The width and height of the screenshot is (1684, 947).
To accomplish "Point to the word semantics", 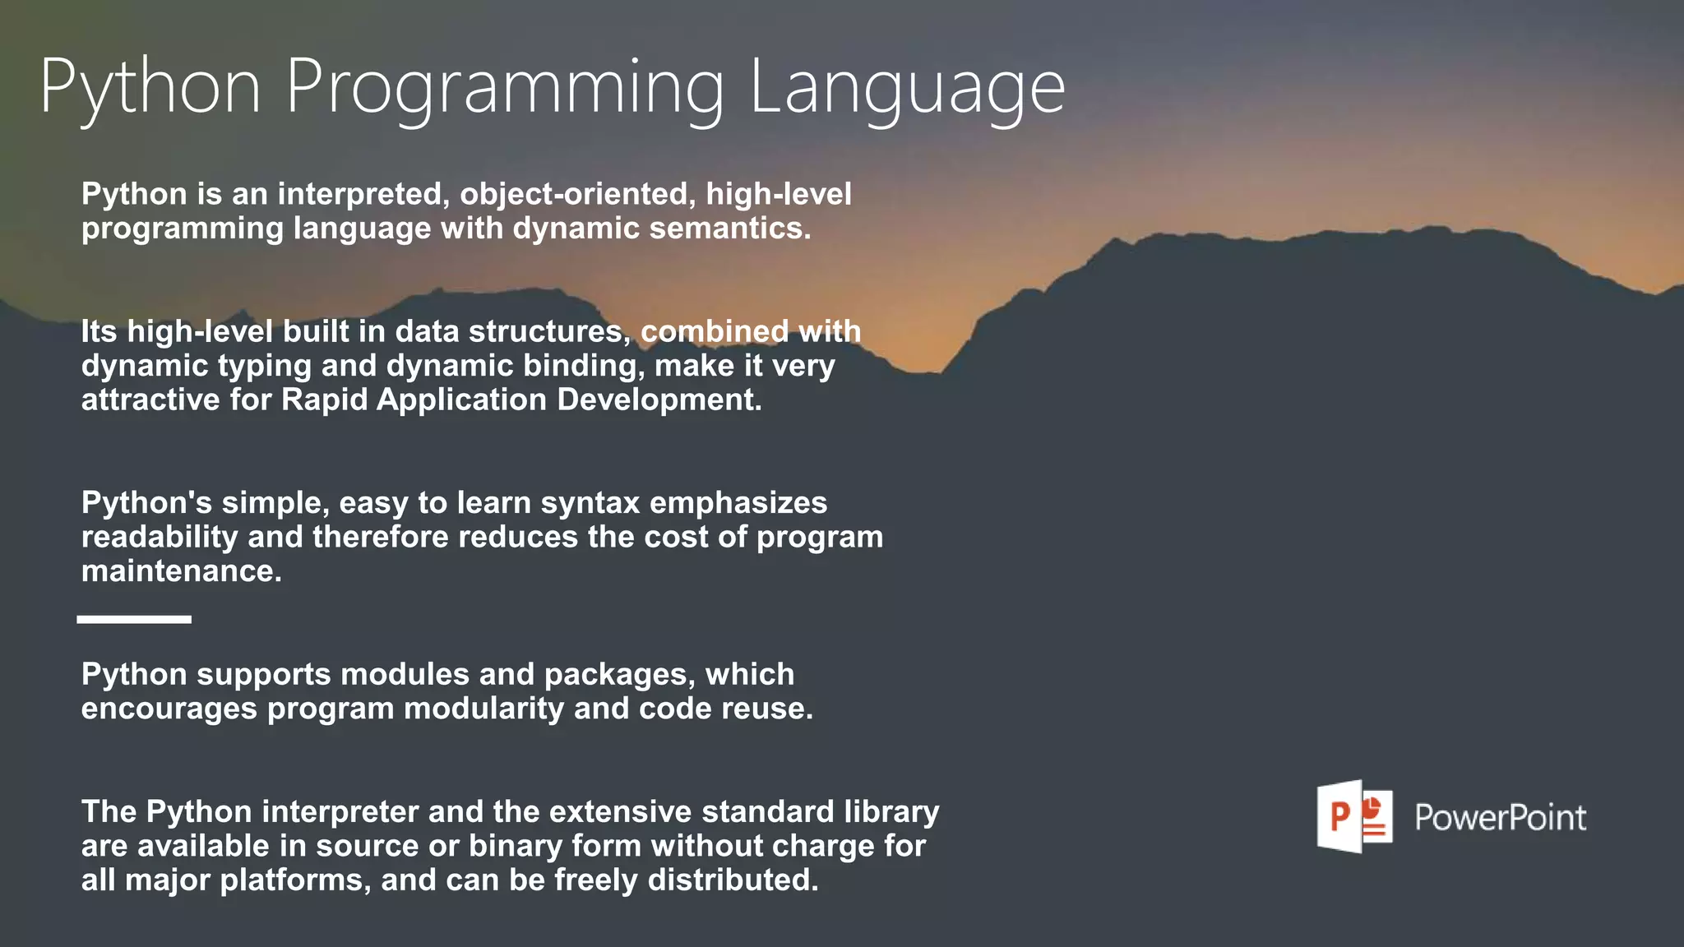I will pyautogui.click(x=730, y=229).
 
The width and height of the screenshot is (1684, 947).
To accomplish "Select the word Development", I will pyautogui.click(x=659, y=400).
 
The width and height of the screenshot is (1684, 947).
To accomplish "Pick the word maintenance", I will pyautogui.click(x=181, y=571).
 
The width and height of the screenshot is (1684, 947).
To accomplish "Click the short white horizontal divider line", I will pyautogui.click(x=134, y=619).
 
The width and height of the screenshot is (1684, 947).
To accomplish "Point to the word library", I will pyautogui.click(x=891, y=811).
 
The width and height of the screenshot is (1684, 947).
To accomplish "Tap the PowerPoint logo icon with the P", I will pyautogui.click(x=1354, y=816).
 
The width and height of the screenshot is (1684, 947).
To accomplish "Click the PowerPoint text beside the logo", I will pyautogui.click(x=1500, y=818).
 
